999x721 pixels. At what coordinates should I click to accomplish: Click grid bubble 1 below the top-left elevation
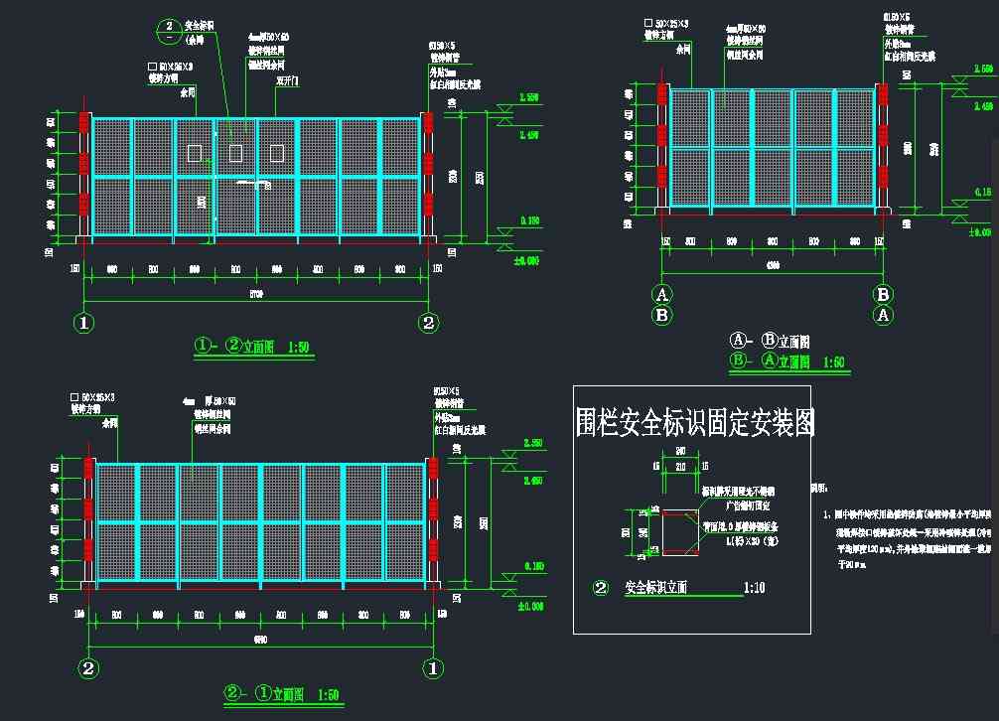(84, 322)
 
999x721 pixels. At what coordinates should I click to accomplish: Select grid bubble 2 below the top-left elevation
(428, 322)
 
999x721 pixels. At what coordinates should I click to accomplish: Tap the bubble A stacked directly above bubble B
(662, 294)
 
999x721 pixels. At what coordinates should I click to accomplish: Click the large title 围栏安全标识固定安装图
(695, 424)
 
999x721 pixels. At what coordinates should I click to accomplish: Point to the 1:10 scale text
(755, 588)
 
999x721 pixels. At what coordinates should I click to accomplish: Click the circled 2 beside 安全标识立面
(600, 588)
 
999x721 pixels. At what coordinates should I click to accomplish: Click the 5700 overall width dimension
(255, 293)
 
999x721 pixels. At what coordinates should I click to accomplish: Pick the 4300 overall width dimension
(772, 266)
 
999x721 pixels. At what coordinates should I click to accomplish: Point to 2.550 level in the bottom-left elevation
(530, 443)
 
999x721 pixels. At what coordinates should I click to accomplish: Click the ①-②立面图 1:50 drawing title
(252, 347)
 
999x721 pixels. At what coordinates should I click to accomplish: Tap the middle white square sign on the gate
(235, 153)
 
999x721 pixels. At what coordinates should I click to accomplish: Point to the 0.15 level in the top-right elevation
(982, 192)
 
